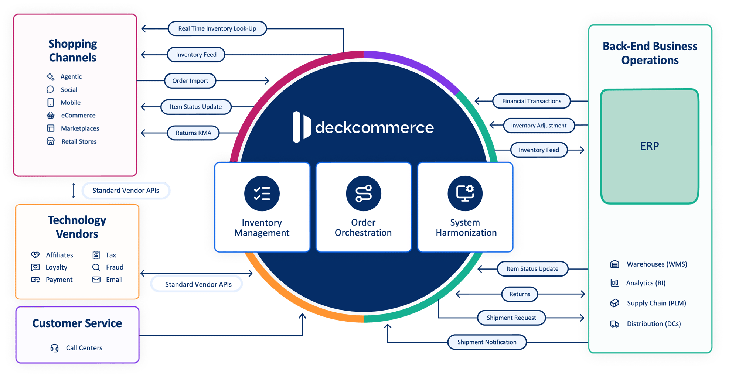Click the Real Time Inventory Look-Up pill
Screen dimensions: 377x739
(217, 29)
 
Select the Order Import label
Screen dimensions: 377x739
(190, 81)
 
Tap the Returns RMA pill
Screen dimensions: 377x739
(194, 133)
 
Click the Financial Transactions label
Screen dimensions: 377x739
(531, 101)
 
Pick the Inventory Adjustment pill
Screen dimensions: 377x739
(538, 126)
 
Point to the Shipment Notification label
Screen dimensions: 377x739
(487, 342)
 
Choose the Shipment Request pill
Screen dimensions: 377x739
(511, 318)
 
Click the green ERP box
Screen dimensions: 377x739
(650, 146)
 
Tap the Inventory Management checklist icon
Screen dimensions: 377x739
(262, 193)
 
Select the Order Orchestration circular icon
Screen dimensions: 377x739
(364, 193)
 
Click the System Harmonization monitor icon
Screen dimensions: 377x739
(465, 193)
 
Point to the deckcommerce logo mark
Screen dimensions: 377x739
(301, 127)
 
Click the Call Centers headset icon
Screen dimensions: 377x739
(54, 348)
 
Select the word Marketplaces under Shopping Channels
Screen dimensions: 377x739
(80, 128)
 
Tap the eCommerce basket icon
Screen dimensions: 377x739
(51, 116)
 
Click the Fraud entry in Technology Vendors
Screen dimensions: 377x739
(115, 267)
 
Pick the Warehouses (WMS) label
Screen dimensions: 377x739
(657, 264)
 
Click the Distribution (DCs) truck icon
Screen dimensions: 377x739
(614, 324)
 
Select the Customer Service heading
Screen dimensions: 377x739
(77, 323)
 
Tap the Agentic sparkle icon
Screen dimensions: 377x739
(51, 76)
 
